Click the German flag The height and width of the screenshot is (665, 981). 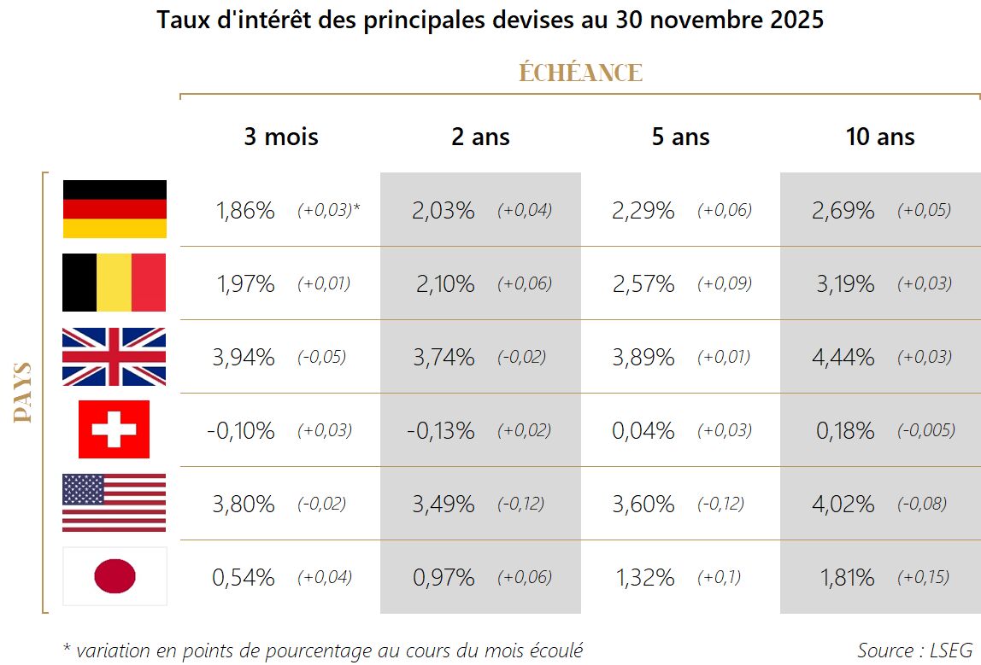(x=115, y=209)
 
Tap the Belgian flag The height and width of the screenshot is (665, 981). (x=115, y=283)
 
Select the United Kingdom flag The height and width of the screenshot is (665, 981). (x=115, y=357)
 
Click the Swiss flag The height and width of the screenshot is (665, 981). (x=114, y=429)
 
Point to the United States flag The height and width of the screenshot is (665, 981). (x=115, y=503)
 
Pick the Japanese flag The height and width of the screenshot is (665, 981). (x=115, y=576)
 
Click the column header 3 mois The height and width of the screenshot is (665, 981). (x=280, y=137)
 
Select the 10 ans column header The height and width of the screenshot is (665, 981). (x=880, y=137)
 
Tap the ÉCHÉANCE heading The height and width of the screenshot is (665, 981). (x=580, y=73)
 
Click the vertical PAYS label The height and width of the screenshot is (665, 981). (x=23, y=393)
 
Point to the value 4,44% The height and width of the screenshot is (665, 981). (x=845, y=358)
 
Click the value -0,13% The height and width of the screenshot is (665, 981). (x=441, y=431)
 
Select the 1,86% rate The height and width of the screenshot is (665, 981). (x=244, y=211)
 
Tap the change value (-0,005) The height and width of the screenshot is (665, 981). (x=926, y=431)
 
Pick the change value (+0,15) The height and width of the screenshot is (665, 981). (x=923, y=578)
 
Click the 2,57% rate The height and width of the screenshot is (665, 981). (x=643, y=284)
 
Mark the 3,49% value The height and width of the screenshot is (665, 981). (x=444, y=505)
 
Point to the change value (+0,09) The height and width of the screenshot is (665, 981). (x=725, y=284)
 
